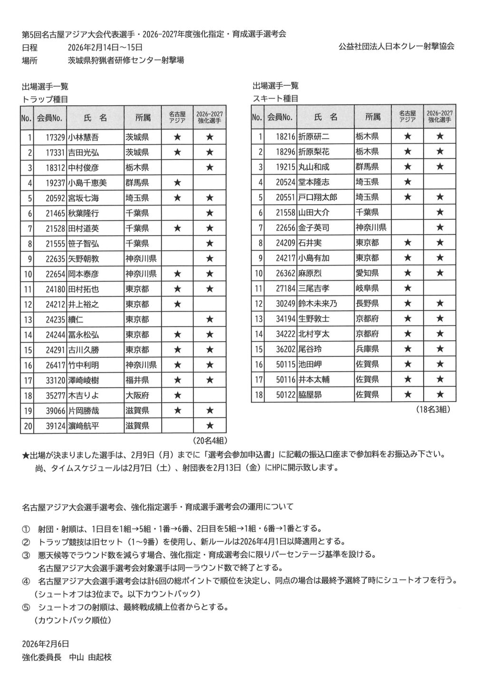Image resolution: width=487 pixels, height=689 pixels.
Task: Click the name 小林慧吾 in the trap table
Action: tap(83, 138)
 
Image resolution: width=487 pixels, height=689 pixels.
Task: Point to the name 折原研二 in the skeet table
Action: tap(313, 137)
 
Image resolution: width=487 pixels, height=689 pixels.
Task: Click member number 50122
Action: tap(285, 394)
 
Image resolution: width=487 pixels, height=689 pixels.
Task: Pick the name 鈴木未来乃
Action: tap(317, 304)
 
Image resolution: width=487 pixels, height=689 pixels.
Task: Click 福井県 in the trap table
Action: tap(137, 380)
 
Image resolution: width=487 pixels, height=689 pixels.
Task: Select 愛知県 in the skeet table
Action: tap(367, 273)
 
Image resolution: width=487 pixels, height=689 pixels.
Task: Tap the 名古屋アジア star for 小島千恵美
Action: tap(177, 183)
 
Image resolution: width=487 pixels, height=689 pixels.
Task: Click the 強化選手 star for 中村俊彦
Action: tap(209, 168)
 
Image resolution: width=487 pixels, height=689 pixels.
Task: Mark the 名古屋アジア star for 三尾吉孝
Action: tap(407, 288)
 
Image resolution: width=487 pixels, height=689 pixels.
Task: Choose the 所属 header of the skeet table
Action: tap(373, 117)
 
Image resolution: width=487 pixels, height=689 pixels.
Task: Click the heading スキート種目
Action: tap(275, 98)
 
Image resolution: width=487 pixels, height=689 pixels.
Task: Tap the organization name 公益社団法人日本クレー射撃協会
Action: tap(396, 47)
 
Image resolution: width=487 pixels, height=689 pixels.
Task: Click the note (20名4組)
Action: tap(209, 440)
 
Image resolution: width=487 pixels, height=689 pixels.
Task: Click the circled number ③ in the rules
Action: tap(26, 555)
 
